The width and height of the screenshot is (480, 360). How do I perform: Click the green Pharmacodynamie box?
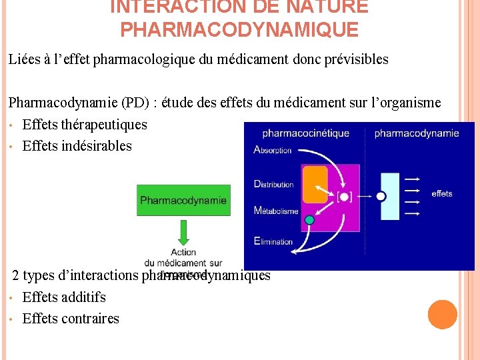coord(183,200)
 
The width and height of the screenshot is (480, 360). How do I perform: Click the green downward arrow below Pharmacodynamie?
coord(183,232)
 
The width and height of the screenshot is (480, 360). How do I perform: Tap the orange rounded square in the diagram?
coord(315,184)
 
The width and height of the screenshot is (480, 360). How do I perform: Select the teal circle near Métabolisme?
coord(309,220)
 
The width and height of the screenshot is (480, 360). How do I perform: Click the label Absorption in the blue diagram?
coord(273,150)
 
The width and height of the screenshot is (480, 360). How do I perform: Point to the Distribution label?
coord(274,184)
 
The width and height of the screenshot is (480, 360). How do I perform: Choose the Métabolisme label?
coord(276,211)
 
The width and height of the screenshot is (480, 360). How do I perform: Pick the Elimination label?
coord(273,241)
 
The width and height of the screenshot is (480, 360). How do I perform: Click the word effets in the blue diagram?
coord(442,194)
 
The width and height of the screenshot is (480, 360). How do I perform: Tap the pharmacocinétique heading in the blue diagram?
coord(305,133)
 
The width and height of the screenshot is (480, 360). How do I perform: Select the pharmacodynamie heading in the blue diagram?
coord(417,133)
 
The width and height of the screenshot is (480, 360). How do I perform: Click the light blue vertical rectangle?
coord(390,196)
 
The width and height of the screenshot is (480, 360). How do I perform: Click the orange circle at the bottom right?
coord(443,315)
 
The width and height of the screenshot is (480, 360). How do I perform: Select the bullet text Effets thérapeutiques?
coord(85,125)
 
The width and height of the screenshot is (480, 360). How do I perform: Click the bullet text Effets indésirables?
coord(77,146)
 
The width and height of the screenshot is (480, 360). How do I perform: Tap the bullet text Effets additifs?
coord(64,297)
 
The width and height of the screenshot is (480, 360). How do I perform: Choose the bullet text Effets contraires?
coord(71,319)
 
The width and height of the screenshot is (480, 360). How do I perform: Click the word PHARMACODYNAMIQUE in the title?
coord(239,30)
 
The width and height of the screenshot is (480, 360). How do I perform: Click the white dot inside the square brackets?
coord(344,196)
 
